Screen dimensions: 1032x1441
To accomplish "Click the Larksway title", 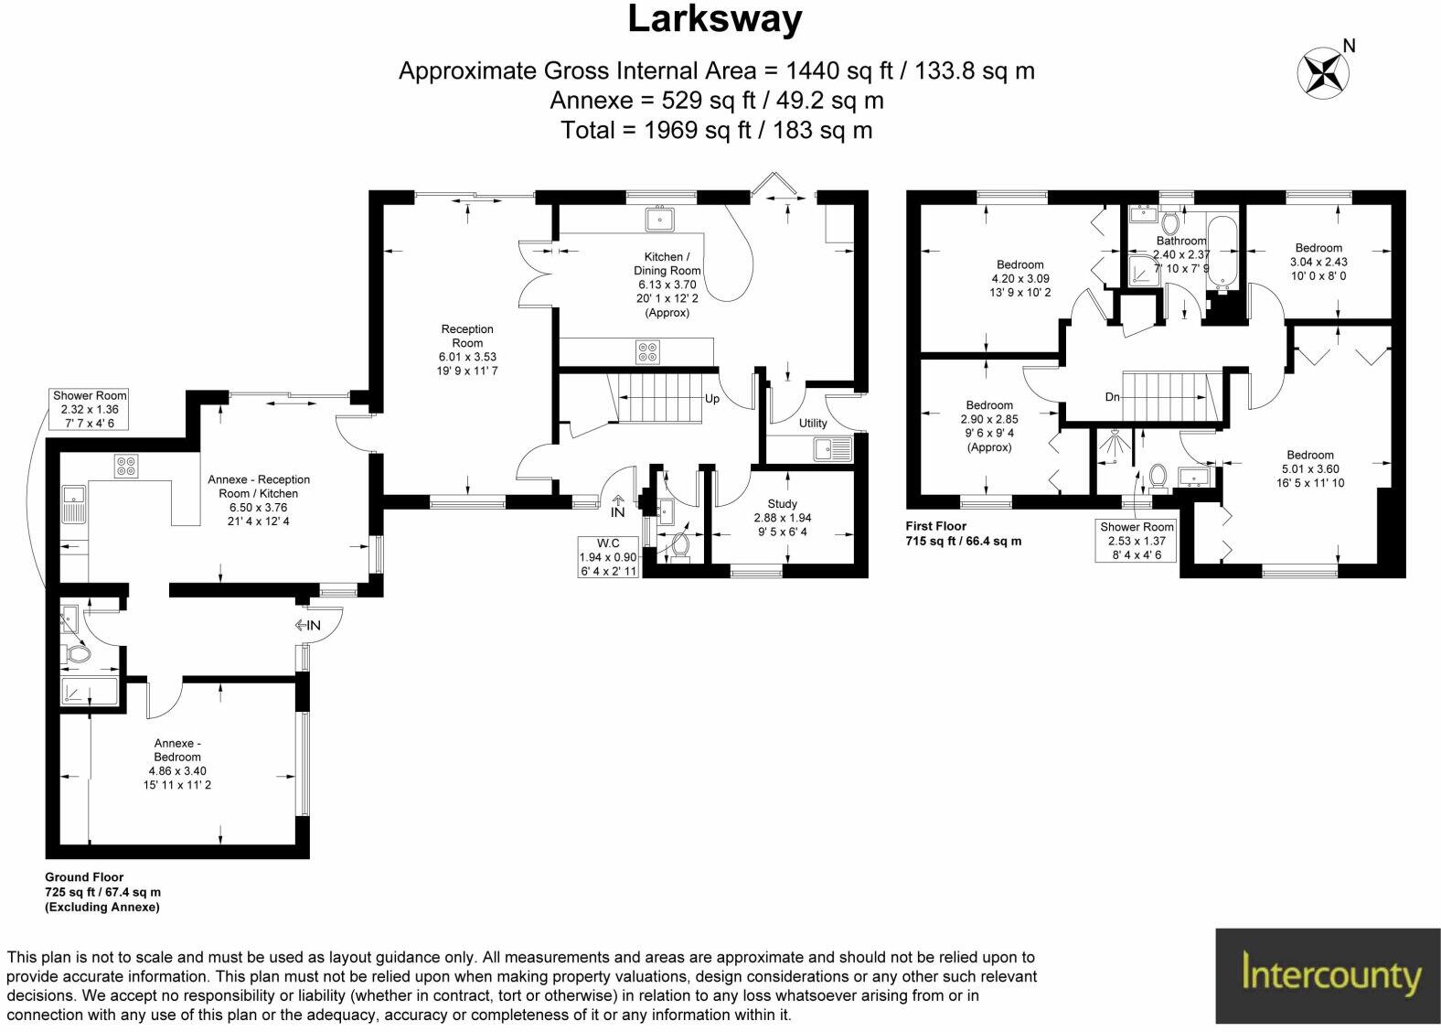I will pos(715,20).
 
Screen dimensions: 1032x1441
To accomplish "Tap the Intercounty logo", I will pos(1327,976).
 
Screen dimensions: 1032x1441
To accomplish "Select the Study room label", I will pos(782,504).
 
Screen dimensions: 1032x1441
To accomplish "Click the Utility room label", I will pos(812,423).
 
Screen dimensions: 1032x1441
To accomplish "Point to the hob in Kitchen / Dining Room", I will pos(648,352).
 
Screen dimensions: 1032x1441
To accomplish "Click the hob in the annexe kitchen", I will pos(125,466).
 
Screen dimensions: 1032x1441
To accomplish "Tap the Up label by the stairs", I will pos(711,399).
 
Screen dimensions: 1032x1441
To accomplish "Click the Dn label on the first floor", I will pos(1112,397).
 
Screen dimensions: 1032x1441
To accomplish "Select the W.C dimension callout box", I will pos(608,557).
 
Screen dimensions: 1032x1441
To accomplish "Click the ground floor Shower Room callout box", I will pos(90,409).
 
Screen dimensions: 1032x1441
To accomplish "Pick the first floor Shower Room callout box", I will pos(1137,541).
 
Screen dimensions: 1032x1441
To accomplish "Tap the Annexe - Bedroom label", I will pos(176,750).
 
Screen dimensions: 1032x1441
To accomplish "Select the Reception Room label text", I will pos(467,336).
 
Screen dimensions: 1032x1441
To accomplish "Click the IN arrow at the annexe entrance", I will pos(308,625).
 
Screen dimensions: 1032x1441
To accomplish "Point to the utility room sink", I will pos(833,449).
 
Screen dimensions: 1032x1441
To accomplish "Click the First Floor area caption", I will pos(963,533).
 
